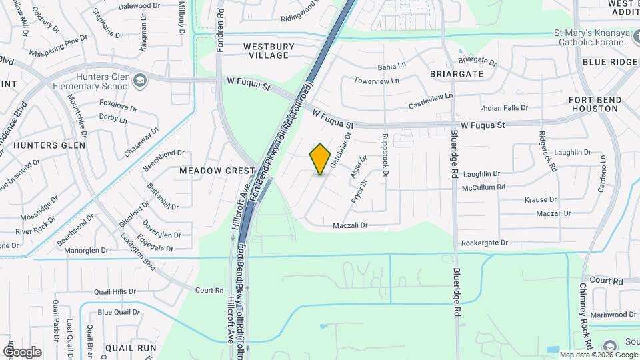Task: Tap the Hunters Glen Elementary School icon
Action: tap(140, 81)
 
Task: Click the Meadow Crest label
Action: tap(217, 171)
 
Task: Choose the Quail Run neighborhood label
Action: tap(131, 347)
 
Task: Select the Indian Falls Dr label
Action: tap(505, 107)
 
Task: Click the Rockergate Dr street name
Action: tap(485, 243)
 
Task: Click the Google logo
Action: tap(22, 351)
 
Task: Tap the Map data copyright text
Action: tap(598, 355)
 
